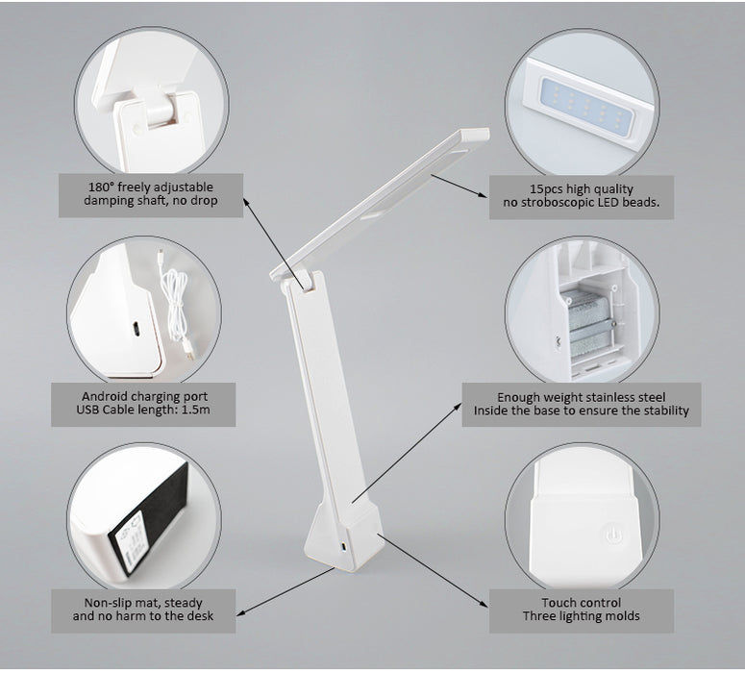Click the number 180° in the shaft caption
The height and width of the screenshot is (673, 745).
coord(100,187)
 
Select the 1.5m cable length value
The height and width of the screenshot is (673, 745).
coord(196,410)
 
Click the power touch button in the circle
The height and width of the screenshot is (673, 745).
coord(612,536)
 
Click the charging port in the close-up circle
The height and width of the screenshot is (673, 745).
coord(136,329)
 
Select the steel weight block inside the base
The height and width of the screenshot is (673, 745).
coord(589,323)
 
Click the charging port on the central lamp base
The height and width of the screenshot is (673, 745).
coord(342,547)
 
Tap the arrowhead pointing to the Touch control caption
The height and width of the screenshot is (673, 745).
coord(484,604)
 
